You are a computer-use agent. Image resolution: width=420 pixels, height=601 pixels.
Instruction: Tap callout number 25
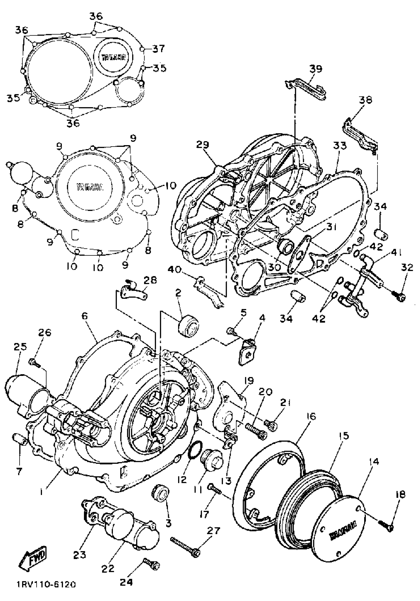point(20,347)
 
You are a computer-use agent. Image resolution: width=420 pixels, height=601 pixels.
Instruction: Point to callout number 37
point(158,49)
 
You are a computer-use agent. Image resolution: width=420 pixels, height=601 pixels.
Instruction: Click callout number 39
point(315,69)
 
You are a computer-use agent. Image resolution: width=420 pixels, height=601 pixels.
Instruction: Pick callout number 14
point(374,462)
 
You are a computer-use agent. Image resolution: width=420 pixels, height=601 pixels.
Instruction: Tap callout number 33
point(339,146)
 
